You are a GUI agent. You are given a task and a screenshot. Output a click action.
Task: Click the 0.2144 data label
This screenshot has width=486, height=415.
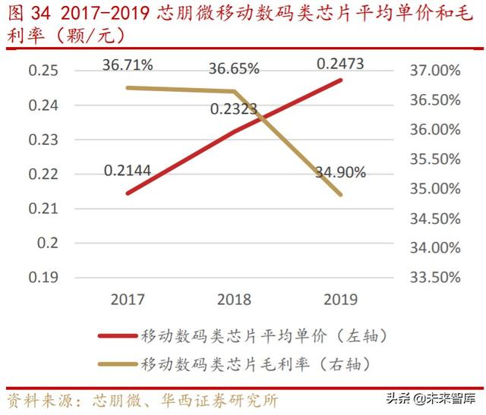click(x=128, y=171)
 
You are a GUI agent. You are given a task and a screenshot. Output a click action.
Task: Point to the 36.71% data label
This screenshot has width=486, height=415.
click(x=128, y=65)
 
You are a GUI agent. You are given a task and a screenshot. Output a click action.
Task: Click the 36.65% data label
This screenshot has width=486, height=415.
click(x=234, y=68)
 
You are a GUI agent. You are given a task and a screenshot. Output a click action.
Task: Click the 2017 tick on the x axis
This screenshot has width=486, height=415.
click(x=128, y=300)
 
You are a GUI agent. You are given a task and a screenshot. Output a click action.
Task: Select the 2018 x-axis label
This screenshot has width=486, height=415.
click(x=234, y=300)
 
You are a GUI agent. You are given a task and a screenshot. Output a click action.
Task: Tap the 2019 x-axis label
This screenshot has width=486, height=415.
click(x=340, y=300)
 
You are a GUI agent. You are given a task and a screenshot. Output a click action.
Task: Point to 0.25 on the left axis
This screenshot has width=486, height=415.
click(x=43, y=71)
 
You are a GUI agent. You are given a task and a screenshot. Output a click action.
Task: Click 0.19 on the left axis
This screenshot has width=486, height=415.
click(x=43, y=277)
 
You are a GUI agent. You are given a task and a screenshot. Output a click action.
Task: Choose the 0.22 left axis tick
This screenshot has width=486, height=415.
click(x=43, y=174)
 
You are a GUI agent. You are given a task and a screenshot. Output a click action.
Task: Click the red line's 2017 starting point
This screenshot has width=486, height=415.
click(x=128, y=193)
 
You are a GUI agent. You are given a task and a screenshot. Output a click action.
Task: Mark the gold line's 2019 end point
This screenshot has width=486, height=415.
click(x=340, y=195)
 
